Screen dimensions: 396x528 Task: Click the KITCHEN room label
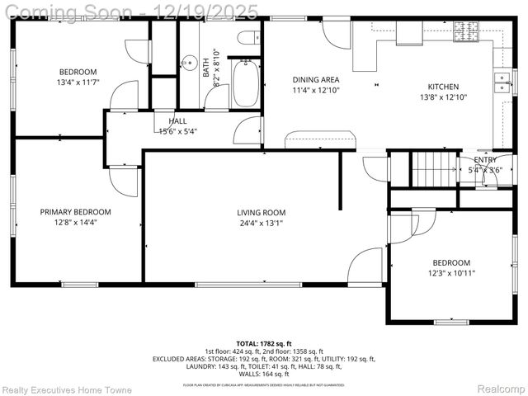pos(443,87)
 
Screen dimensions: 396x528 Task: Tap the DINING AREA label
pos(316,80)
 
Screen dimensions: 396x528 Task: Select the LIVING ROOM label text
pos(261,212)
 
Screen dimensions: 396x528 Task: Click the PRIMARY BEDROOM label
pos(75,212)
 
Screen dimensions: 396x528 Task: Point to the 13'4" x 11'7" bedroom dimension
pos(78,82)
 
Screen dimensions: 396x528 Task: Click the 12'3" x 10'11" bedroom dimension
pos(451,273)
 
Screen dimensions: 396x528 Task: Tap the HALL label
pos(177,121)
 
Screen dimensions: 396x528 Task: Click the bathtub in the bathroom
pos(245,83)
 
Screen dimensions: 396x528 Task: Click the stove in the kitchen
pos(465,32)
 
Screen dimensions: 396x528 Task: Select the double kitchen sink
pos(501,80)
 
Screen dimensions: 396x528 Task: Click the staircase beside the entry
pos(434,170)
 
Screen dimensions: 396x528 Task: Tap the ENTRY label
pos(485,160)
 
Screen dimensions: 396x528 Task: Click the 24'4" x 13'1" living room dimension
pos(261,223)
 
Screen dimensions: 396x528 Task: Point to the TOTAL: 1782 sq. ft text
pos(264,343)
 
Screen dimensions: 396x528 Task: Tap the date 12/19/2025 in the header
pos(211,11)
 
